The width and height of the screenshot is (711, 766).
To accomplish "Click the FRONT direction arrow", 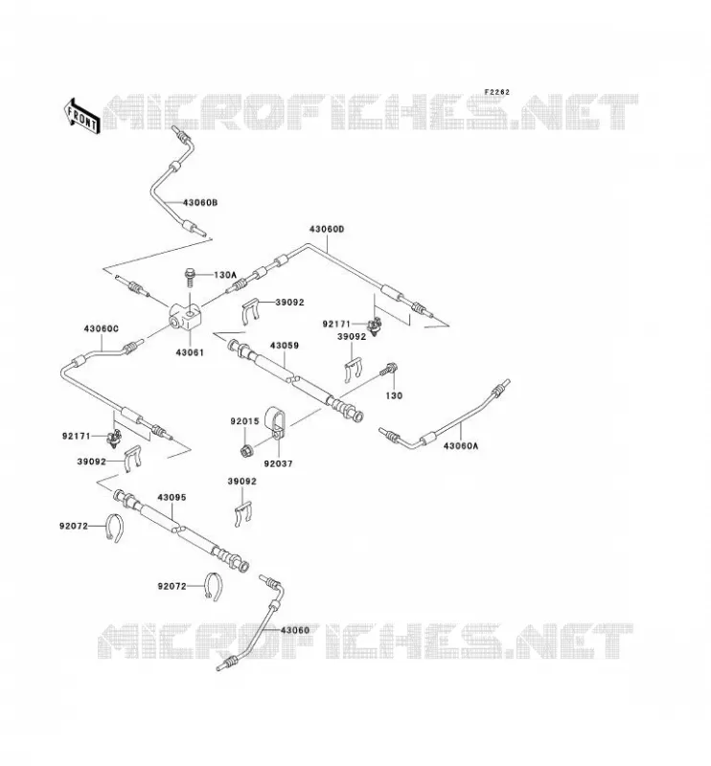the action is pos(81,116).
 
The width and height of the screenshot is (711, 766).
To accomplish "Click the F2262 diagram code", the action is pos(496,92).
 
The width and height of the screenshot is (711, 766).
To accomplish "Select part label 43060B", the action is pos(200,202).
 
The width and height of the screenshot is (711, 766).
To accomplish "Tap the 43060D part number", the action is pos(326,229).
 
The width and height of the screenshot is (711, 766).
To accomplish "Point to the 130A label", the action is pos(225,275).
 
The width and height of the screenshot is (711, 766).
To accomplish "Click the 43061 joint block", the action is pos(185,317).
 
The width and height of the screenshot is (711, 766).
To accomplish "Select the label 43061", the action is pos(190,352).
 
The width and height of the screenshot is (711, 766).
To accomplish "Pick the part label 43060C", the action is pos(101,329).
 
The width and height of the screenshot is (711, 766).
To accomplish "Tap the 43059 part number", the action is pos(284,346).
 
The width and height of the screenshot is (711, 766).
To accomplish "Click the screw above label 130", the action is pos(389,370).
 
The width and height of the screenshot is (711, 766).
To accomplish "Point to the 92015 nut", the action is pos(245,450).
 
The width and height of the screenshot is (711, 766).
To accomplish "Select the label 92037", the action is pos(278,463).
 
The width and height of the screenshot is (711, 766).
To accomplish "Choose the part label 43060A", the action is pos(461,445).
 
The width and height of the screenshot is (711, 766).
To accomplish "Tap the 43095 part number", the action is pos(172,497).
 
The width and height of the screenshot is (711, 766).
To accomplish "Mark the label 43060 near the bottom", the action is pos(295,630).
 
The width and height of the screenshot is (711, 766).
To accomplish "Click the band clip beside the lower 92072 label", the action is pos(213,586).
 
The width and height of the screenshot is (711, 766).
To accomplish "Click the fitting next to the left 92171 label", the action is pos(114,438).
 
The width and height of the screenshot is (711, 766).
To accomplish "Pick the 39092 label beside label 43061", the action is pos(289,303).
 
